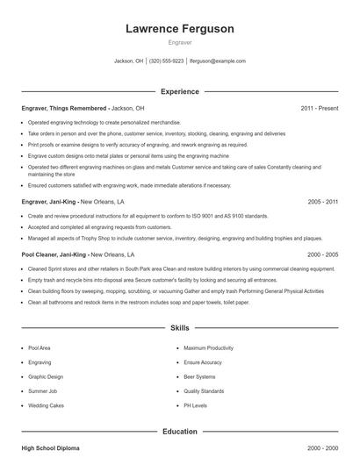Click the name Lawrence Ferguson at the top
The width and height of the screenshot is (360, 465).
click(180, 28)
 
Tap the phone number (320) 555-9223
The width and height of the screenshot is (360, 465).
click(166, 61)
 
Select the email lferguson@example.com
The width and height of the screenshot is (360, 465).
click(218, 61)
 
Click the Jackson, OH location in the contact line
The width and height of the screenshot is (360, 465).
click(129, 61)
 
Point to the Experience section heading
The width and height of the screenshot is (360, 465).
click(180, 91)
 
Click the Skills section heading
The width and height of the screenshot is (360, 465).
click(180, 328)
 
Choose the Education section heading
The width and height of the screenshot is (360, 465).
click(180, 432)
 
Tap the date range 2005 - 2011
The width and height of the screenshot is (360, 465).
click(322, 201)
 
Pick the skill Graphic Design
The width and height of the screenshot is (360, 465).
click(46, 375)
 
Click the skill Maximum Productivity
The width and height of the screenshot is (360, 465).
click(209, 348)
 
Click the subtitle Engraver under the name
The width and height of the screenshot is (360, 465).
click(180, 42)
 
